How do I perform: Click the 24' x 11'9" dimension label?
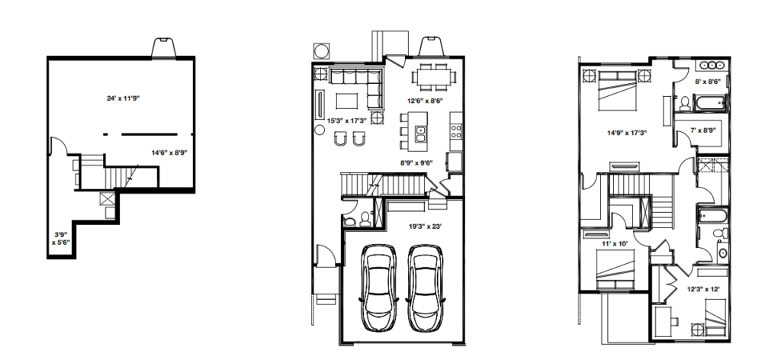(123, 98)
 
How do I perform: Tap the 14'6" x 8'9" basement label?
(169, 153)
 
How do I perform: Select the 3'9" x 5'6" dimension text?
(61, 238)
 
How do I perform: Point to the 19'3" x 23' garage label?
(425, 227)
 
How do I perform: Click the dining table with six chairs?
(433, 77)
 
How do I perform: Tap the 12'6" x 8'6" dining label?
(425, 101)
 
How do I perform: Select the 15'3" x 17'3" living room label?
(347, 121)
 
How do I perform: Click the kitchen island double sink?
(420, 134)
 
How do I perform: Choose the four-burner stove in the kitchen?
(456, 131)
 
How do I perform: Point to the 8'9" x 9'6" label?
(416, 162)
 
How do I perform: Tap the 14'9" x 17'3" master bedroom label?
(627, 133)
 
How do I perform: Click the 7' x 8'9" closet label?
(702, 130)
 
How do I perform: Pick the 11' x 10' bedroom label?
(615, 244)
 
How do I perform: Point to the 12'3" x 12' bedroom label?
(703, 289)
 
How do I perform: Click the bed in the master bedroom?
(616, 90)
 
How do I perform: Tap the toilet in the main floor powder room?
(365, 219)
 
